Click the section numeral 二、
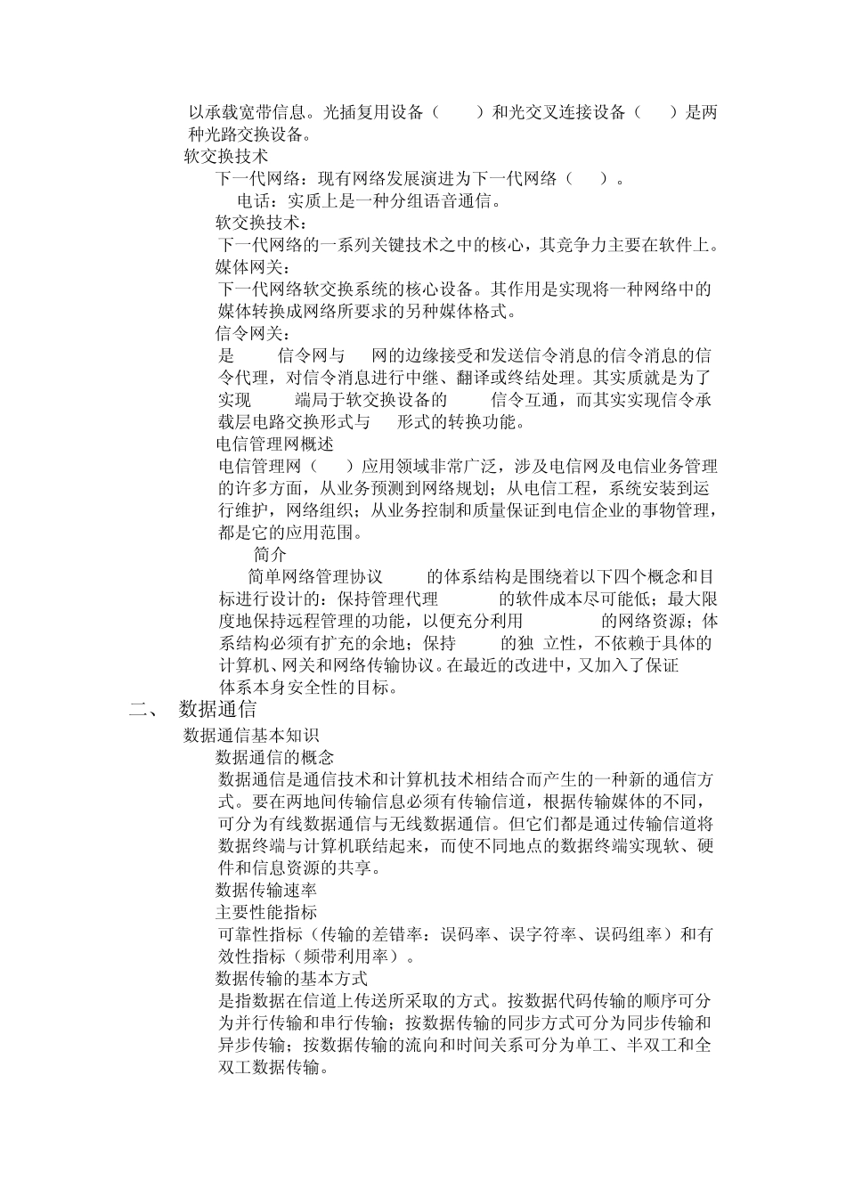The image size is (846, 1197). (143, 710)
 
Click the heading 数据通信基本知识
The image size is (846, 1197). (251, 735)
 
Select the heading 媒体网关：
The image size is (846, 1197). (253, 267)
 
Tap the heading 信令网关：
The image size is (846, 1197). (253, 334)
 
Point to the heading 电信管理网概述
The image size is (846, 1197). (275, 444)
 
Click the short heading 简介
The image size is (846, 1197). (271, 554)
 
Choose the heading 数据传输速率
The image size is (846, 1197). (267, 890)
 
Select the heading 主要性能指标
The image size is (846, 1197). (267, 912)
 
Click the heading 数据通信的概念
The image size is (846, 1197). (275, 757)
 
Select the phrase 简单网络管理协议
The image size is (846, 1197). (315, 576)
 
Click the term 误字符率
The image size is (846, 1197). (542, 934)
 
